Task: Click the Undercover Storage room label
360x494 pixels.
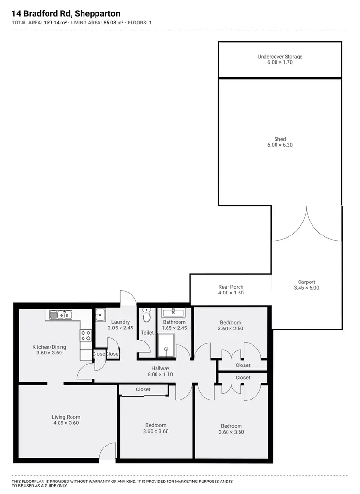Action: pyautogui.click(x=280, y=57)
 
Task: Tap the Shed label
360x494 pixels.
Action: pyautogui.click(x=280, y=139)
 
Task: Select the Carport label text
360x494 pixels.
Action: pyautogui.click(x=306, y=282)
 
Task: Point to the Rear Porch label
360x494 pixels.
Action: pyautogui.click(x=231, y=287)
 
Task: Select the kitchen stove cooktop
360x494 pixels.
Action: pyautogui.click(x=85, y=335)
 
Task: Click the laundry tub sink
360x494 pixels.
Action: pyautogui.click(x=100, y=315)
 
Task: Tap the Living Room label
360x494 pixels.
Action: pyautogui.click(x=66, y=417)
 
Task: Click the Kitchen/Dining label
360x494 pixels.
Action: pyautogui.click(x=49, y=347)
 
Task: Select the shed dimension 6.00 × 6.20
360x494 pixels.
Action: pyautogui.click(x=280, y=145)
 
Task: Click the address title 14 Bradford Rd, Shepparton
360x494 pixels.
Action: pyautogui.click(x=66, y=14)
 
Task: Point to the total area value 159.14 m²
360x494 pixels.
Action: pyautogui.click(x=55, y=22)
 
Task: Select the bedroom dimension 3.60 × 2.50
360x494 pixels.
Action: pyautogui.click(x=230, y=329)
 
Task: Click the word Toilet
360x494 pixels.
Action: pyautogui.click(x=147, y=333)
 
